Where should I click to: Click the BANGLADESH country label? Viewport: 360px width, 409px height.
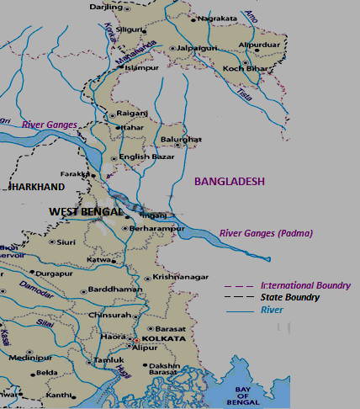point(230,181)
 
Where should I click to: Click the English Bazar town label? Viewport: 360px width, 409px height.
point(146,157)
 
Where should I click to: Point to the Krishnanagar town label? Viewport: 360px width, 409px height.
point(181,278)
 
